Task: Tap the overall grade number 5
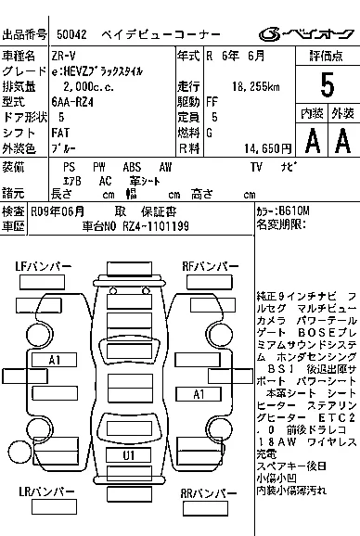point(326,85)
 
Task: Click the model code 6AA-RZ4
point(72,102)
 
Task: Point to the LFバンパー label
point(43,266)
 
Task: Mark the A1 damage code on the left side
point(55,359)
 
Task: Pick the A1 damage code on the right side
point(198,394)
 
